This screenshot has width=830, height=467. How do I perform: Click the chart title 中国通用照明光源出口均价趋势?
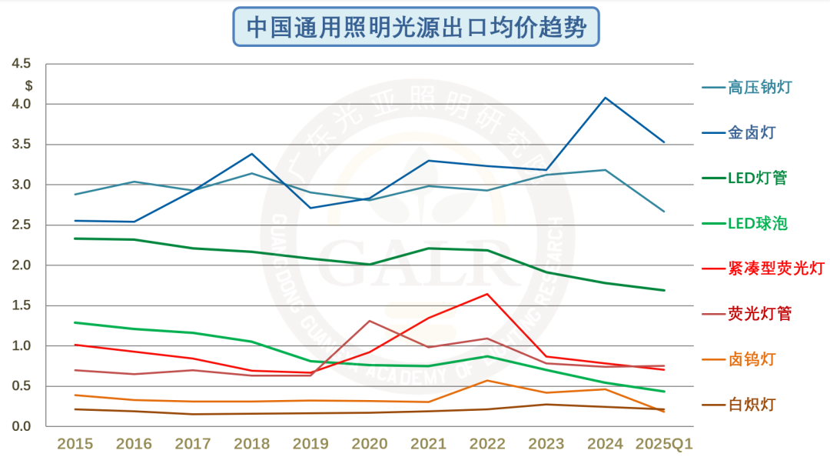(x=416, y=28)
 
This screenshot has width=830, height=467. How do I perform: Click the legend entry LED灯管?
(x=757, y=178)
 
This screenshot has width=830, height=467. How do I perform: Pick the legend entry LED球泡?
(x=757, y=223)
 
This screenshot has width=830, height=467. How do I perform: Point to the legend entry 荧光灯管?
(x=759, y=313)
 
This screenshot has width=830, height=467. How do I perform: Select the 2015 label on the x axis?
(x=75, y=444)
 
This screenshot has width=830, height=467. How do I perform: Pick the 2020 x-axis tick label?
(x=370, y=444)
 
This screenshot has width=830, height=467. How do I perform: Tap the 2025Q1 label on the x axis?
(x=664, y=444)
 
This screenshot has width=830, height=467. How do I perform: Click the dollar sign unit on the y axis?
(x=28, y=85)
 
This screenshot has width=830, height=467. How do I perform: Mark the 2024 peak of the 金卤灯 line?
(x=605, y=98)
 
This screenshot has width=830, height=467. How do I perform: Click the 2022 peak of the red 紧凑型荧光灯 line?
(x=487, y=294)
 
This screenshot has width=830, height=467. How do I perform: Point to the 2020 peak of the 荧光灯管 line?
(x=370, y=321)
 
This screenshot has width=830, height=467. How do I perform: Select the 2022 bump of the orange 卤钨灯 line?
(x=487, y=381)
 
